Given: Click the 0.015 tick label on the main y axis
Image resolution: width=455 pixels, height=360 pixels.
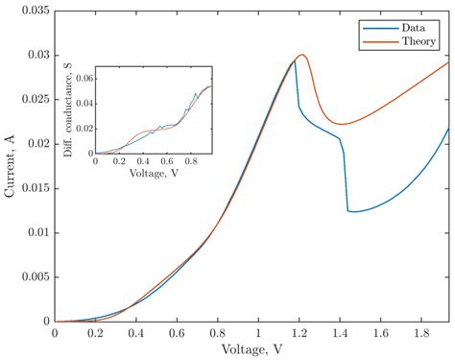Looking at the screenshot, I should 33,188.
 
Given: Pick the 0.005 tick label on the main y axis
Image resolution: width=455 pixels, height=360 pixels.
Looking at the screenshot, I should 33,277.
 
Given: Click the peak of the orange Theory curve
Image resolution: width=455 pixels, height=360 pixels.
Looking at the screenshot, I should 302,55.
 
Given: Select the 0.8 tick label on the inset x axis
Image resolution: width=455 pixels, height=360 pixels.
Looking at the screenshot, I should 193,161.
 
